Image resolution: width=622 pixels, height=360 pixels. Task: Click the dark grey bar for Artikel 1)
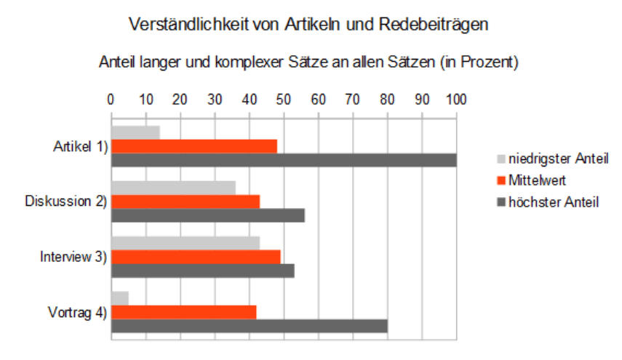(284, 160)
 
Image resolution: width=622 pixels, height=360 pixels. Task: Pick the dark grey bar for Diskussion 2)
(207, 215)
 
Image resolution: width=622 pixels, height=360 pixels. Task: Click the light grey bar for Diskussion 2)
(173, 188)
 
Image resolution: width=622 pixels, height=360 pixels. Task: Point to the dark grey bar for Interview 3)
(202, 271)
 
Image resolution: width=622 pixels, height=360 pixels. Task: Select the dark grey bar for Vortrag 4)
(249, 326)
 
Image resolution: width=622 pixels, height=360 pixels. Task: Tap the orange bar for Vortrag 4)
(183, 312)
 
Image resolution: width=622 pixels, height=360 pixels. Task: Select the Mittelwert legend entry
(537, 180)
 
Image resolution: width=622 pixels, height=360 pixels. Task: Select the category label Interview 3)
(72, 257)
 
